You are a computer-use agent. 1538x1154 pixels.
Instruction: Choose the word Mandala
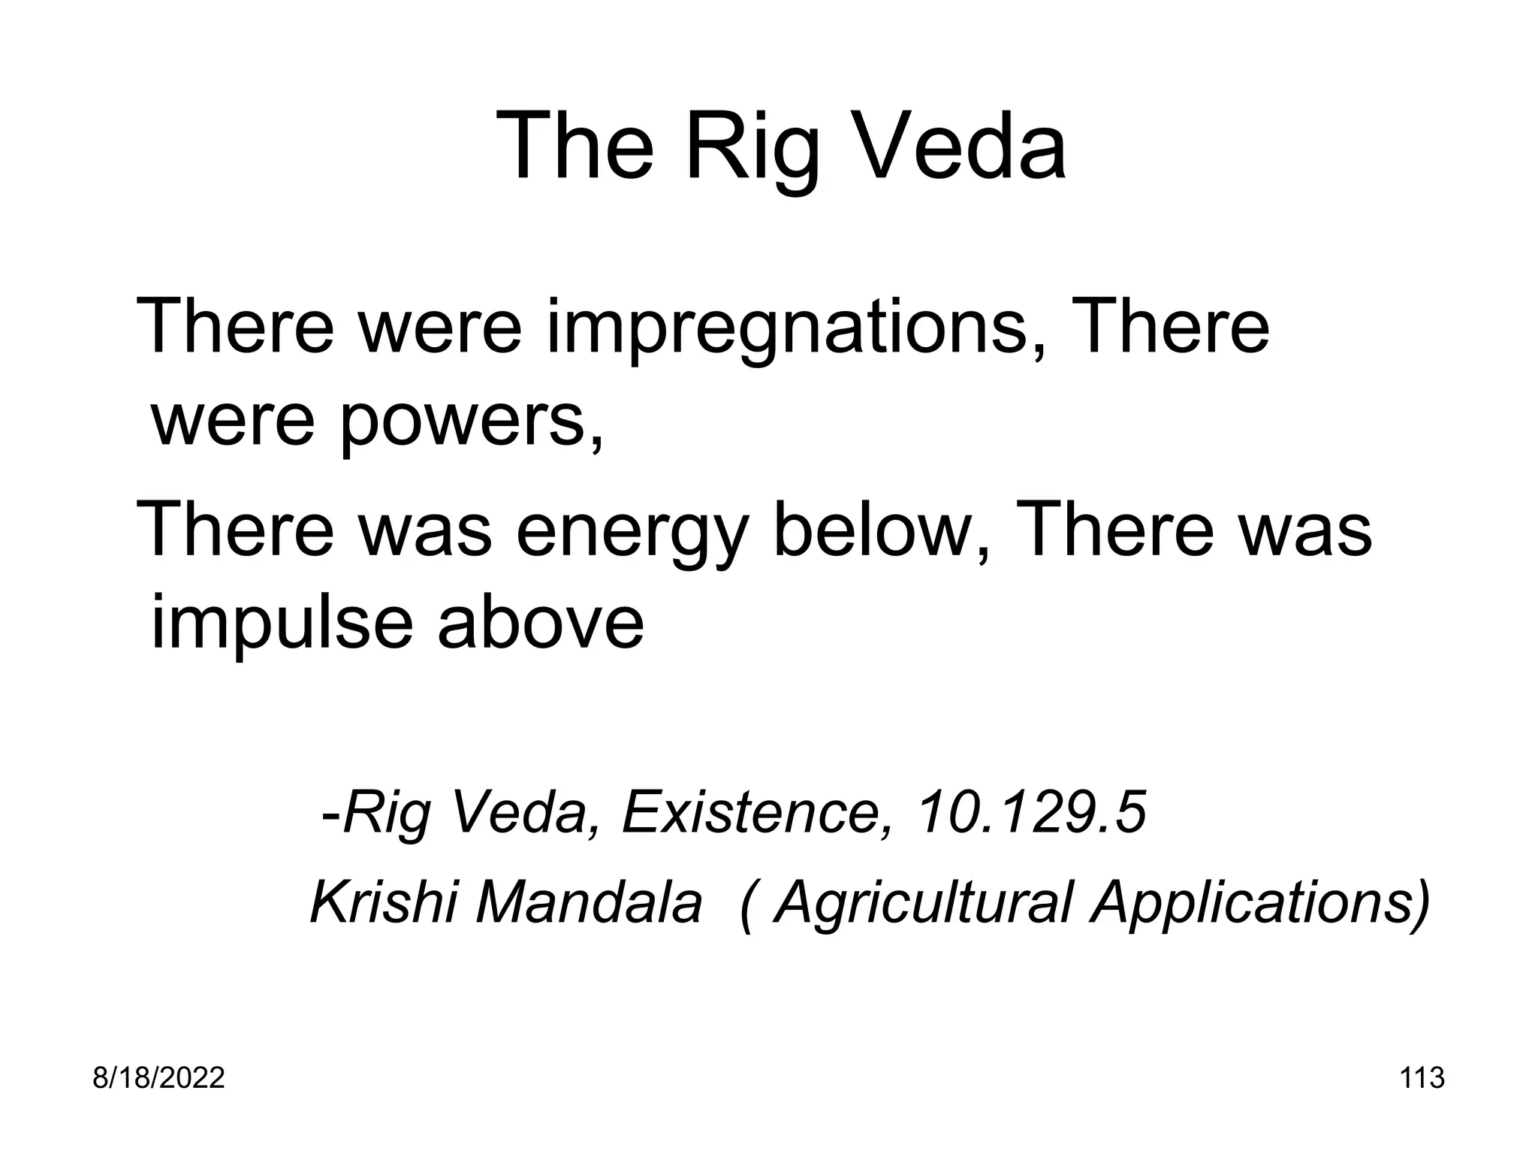point(589,902)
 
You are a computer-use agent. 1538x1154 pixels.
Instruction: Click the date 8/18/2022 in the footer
point(158,1079)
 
